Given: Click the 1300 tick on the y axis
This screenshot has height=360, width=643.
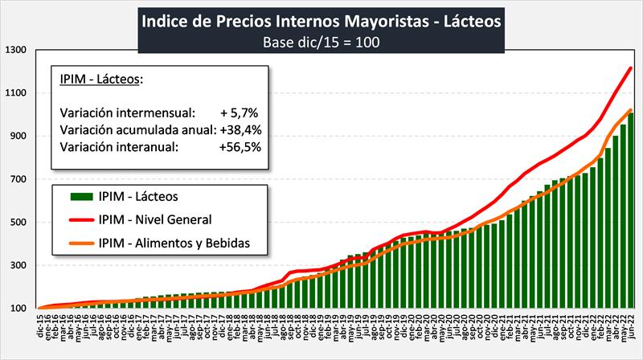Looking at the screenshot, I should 17,50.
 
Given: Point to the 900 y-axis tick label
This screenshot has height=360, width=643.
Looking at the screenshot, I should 18,136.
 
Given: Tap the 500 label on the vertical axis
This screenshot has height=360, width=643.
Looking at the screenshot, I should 18,223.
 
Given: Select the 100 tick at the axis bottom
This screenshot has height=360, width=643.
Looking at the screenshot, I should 18,309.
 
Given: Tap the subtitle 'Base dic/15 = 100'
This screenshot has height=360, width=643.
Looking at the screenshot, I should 321,41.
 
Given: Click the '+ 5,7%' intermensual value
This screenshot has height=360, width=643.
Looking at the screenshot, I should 239,112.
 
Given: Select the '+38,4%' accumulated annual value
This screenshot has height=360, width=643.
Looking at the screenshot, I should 239,129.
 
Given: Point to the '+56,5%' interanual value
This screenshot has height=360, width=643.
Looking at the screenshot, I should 239,147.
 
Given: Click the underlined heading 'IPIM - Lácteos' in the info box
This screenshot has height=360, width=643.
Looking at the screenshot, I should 100,79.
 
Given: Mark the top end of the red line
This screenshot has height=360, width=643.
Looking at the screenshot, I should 631,68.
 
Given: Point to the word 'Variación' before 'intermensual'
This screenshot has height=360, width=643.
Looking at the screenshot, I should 87,112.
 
